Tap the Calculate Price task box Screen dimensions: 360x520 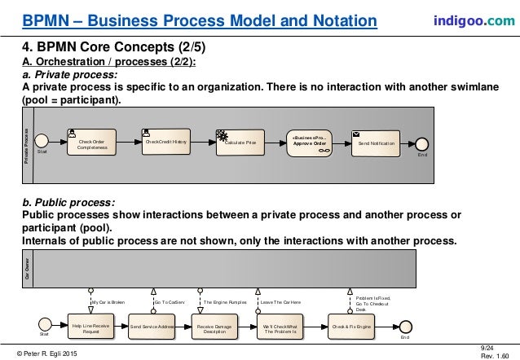240,143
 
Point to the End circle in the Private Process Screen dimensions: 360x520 423,143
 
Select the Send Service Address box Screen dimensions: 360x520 152,327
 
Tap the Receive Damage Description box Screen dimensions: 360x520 215,327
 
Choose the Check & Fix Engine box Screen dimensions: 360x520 351,327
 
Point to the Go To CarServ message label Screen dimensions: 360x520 171,301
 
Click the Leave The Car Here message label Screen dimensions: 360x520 280,301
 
